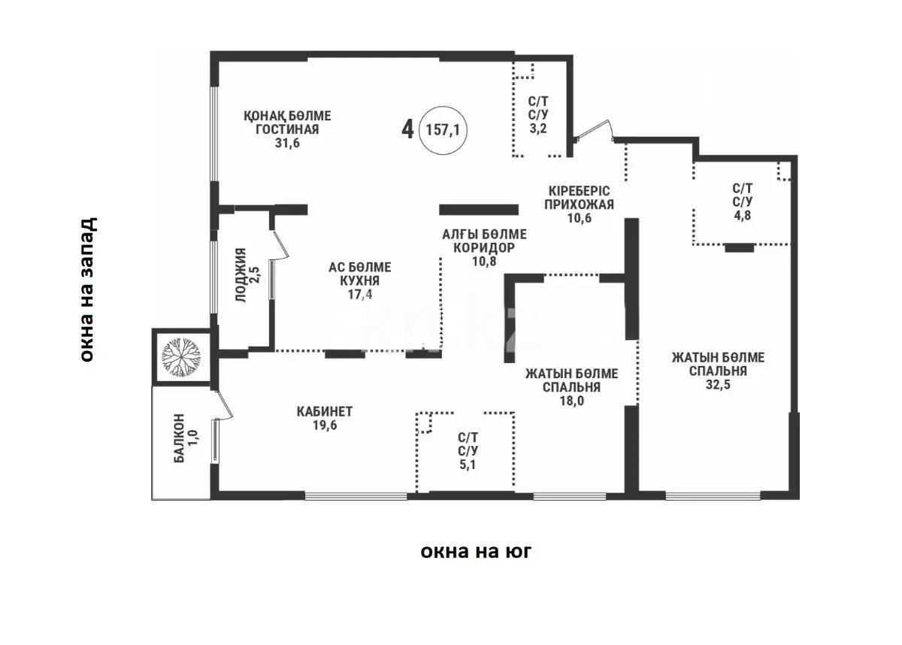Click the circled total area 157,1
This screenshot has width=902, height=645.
(443, 130)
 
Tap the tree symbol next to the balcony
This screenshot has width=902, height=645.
(181, 356)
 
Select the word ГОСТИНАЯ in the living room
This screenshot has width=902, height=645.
(287, 129)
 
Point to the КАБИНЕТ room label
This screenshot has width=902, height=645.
(325, 411)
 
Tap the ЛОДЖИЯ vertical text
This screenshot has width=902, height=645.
(241, 275)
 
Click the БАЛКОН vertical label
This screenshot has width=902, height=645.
(179, 438)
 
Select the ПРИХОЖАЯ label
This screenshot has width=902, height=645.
(579, 204)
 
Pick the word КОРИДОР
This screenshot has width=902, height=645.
(484, 247)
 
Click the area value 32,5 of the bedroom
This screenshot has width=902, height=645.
(718, 384)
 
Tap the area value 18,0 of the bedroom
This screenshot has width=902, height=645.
(571, 401)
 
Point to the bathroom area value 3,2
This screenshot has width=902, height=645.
(538, 129)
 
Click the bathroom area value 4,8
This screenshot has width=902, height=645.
(742, 216)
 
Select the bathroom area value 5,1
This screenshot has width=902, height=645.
(468, 465)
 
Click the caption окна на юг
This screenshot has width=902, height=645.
(476, 551)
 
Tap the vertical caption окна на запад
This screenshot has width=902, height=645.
(87, 289)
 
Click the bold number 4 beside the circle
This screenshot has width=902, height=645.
(407, 129)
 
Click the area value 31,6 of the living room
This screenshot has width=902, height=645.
(287, 143)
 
